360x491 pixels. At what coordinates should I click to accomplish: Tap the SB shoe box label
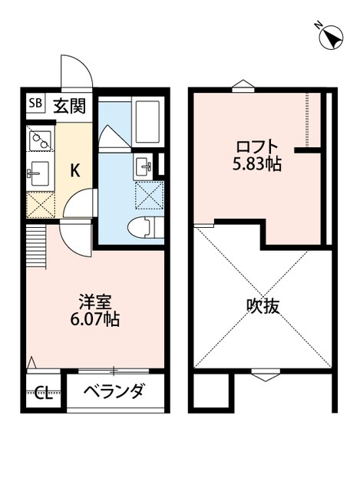pos(35,102)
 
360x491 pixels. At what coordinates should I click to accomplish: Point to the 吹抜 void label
pos(263,307)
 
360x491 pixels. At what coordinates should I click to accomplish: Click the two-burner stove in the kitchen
pos(39,140)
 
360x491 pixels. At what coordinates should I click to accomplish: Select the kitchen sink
pos(39,173)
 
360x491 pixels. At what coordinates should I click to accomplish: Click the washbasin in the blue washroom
pos(143,165)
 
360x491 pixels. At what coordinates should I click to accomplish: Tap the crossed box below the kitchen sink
pos(39,203)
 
